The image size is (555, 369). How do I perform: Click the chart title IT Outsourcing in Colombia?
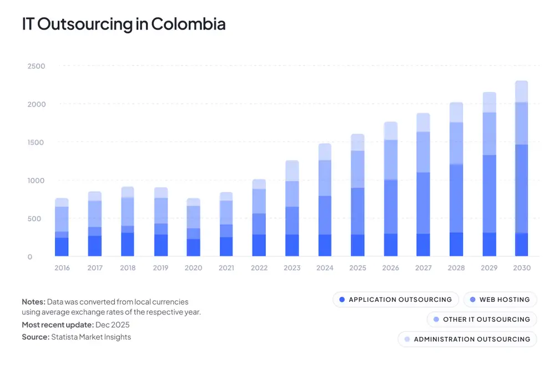coord(123,24)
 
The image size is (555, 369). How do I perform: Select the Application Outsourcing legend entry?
coord(395,300)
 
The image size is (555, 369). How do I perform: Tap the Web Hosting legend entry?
coord(500,300)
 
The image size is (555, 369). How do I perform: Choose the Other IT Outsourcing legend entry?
coord(481,319)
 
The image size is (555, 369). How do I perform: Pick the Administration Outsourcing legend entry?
coord(467,339)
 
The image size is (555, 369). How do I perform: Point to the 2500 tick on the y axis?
coord(36,66)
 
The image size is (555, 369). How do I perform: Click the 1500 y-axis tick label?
coord(36,143)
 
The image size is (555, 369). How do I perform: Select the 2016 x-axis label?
coord(62,268)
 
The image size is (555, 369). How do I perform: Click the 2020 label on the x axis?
coord(193,268)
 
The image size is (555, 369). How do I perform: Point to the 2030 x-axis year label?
coord(522,268)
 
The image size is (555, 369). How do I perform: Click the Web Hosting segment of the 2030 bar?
coord(522,189)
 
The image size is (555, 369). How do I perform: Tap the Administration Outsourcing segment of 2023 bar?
coord(292,171)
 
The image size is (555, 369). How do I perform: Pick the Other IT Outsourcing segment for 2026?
coord(391,160)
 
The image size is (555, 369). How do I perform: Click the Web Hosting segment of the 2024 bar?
coord(325,215)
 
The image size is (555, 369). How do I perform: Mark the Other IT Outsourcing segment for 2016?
coord(62,219)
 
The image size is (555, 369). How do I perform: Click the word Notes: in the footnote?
coord(33,302)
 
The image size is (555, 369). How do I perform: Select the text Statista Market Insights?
coord(90,337)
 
